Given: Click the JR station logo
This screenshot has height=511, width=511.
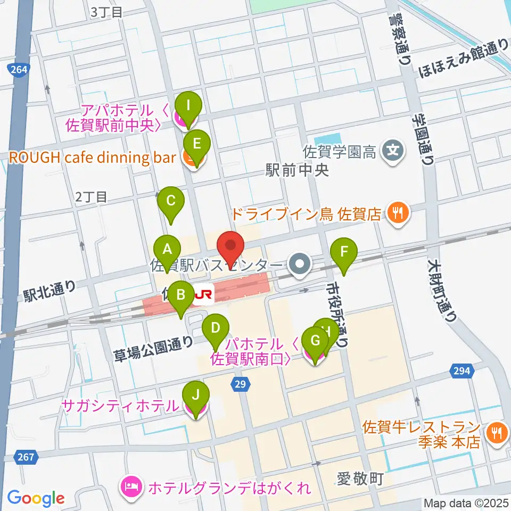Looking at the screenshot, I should click(x=203, y=294).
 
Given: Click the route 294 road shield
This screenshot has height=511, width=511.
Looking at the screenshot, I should click(x=461, y=370).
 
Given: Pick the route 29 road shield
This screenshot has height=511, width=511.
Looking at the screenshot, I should click(x=241, y=384).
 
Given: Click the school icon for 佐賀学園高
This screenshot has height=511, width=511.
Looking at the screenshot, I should click(x=392, y=152).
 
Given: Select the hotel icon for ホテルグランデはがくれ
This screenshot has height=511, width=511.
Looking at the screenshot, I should click(x=130, y=486).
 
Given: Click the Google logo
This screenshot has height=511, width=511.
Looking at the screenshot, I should click(x=36, y=498).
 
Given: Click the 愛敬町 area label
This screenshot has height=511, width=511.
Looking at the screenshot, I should click(x=360, y=479).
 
